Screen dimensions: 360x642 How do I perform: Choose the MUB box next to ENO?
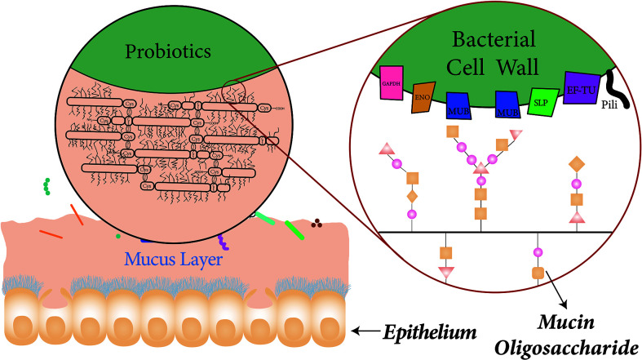459,104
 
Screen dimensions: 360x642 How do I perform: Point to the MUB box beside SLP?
507,104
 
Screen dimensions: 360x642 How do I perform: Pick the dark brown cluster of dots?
316,221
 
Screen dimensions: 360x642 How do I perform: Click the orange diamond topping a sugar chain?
577,162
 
